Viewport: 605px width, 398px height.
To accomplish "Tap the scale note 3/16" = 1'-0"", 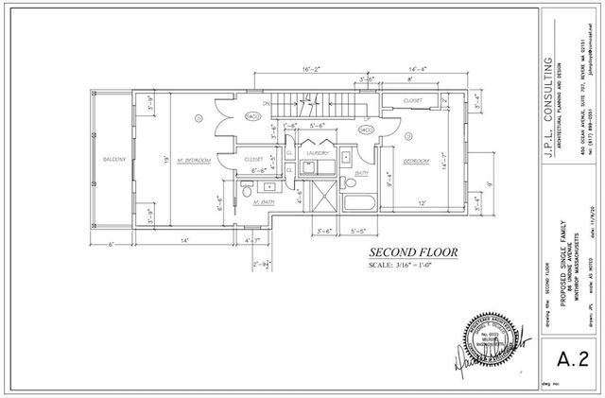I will pyautogui.click(x=412, y=266).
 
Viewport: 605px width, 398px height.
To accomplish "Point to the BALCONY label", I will pyautogui.click(x=114, y=160).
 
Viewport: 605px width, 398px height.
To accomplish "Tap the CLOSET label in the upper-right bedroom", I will pyautogui.click(x=413, y=98).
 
